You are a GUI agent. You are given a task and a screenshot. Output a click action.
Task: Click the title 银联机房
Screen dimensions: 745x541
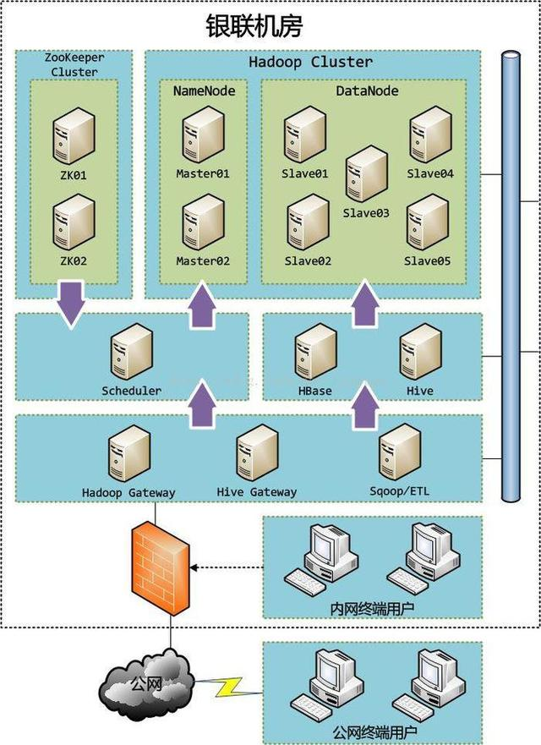(254, 25)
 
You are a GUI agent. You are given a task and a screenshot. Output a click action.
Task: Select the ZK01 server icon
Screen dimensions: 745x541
(73, 135)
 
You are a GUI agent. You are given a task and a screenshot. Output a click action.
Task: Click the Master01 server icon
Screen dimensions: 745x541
(203, 135)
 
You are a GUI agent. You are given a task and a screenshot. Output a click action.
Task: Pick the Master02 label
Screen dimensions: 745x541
(203, 261)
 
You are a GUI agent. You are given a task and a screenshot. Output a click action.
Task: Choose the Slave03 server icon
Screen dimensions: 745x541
(366, 173)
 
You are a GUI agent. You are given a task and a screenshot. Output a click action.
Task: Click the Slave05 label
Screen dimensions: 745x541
(427, 261)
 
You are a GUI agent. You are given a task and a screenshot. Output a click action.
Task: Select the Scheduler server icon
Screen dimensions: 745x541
(132, 353)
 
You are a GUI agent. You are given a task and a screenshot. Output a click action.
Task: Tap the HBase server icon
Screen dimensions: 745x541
(314, 353)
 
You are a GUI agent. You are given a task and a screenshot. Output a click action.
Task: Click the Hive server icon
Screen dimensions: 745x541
(420, 353)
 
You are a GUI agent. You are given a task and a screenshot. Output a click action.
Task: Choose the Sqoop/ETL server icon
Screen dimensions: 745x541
(399, 452)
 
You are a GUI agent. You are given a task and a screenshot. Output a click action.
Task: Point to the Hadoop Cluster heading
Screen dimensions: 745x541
(310, 62)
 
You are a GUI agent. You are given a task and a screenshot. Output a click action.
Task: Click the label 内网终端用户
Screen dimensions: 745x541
(372, 607)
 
